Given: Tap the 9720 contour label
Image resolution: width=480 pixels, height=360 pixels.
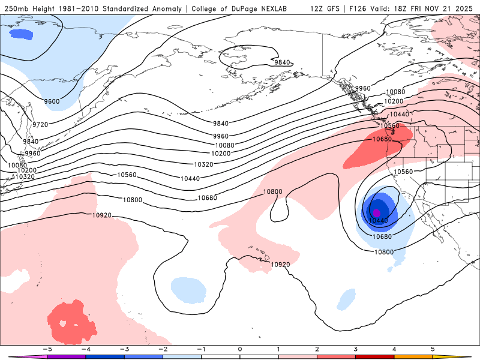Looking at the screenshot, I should (40, 124).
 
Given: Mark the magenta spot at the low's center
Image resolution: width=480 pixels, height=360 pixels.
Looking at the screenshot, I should (377, 212).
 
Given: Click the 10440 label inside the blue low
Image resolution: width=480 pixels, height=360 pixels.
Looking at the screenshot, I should (379, 221).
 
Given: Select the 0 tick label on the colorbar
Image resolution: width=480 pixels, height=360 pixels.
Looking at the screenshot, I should (240, 349).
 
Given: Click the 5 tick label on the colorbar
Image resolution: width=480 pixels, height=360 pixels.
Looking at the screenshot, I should (433, 349).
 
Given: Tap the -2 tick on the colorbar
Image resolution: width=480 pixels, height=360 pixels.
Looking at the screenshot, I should (163, 349).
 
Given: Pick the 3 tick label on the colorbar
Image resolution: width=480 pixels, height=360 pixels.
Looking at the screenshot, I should (356, 349).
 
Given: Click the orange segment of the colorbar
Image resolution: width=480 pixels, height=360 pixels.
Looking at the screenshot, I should (413, 356).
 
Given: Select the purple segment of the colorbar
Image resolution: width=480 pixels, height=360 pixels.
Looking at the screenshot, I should (67, 356).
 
